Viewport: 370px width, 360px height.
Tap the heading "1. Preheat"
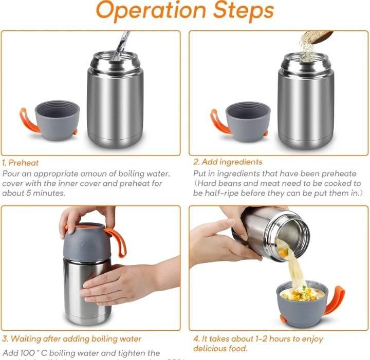click(x=21, y=163)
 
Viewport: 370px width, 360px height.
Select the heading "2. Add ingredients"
click(x=228, y=162)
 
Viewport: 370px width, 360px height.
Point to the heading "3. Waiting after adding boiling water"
click(x=72, y=339)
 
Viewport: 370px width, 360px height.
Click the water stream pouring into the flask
click(x=122, y=44)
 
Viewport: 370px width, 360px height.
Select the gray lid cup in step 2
click(x=248, y=120)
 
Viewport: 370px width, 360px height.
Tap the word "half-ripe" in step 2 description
click(x=220, y=193)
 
